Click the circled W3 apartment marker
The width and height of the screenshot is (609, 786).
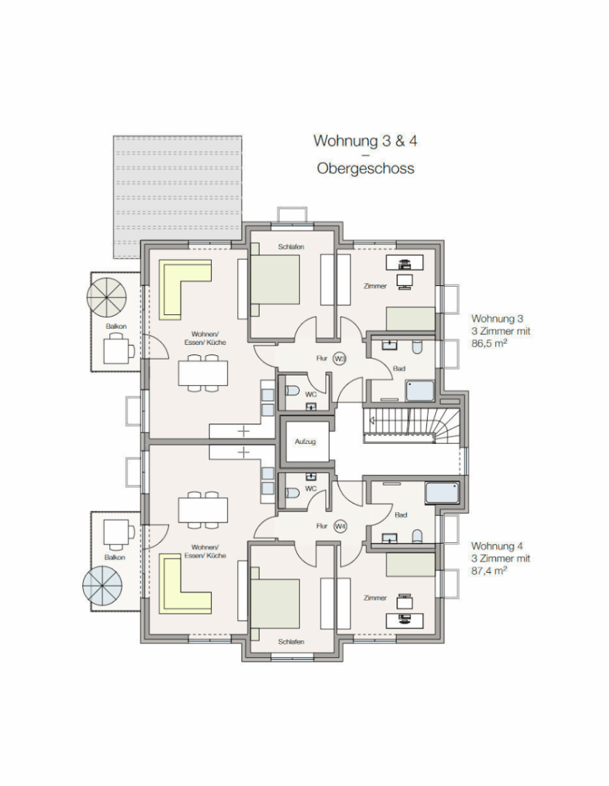(340, 358)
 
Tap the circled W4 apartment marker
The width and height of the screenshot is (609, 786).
(340, 526)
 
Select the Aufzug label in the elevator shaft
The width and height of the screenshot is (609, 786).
(305, 442)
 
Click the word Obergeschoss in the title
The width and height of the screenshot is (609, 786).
(365, 168)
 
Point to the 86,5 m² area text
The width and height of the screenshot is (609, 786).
(489, 344)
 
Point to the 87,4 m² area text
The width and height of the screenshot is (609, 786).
(489, 571)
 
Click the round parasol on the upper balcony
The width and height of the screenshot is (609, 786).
(106, 297)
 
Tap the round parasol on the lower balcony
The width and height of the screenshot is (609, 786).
(103, 585)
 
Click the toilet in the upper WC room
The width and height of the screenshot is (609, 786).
(292, 390)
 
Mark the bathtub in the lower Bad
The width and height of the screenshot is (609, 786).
(442, 493)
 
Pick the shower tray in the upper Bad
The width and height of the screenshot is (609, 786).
(420, 391)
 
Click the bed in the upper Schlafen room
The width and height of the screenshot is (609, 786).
(275, 279)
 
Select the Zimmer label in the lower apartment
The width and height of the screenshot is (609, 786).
(375, 598)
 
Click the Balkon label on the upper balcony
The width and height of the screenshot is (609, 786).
(116, 326)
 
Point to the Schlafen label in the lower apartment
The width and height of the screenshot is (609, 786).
(291, 642)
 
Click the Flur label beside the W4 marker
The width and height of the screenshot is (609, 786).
(322, 526)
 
